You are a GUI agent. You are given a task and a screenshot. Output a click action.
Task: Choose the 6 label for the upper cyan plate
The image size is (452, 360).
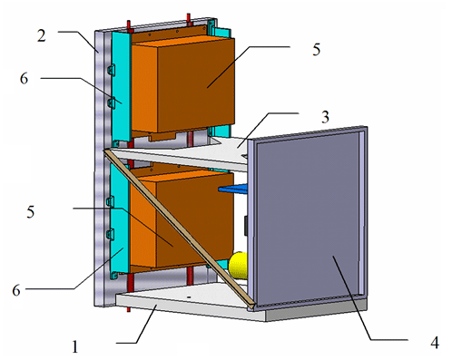click(24, 80)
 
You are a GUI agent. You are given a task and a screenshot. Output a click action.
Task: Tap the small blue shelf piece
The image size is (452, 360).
click(234, 189)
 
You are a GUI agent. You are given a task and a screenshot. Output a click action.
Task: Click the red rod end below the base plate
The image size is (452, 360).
click(130, 310)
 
